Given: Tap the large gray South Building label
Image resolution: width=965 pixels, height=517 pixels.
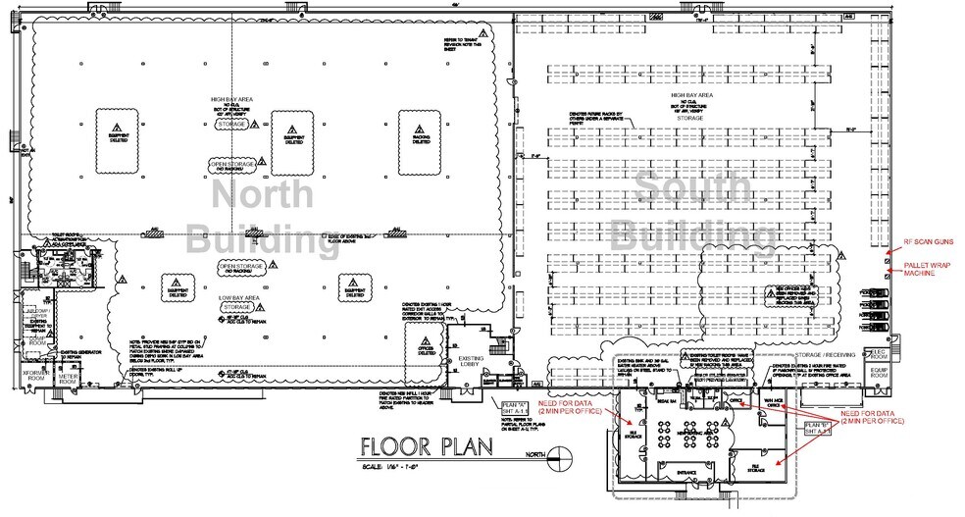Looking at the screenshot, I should pos(688,212).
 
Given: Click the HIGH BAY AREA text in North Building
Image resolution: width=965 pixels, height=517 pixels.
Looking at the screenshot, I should pos(232,99).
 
